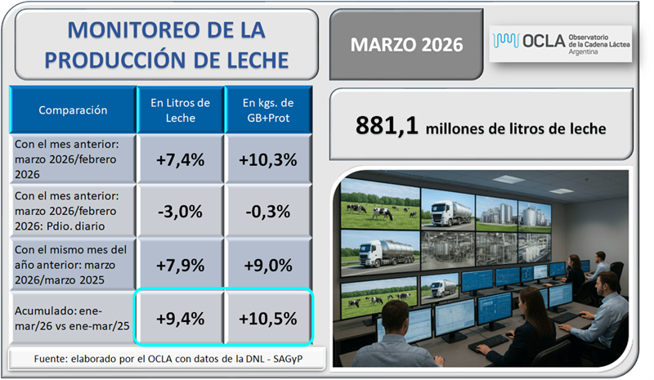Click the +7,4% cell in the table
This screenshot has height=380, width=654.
point(180,159)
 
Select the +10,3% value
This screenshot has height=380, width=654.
point(267,159)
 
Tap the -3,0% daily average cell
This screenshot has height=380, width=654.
point(180,211)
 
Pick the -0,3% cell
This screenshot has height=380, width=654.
point(267,211)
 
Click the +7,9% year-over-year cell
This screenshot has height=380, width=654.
point(180,264)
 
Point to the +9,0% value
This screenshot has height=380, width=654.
point(267,264)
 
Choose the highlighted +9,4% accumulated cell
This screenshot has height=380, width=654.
point(180,318)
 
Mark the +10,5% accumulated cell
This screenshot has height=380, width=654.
point(267,318)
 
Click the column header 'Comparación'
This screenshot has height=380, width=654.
point(73,109)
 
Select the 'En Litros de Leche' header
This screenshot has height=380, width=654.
point(180,109)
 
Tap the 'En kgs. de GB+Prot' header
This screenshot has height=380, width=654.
point(267,109)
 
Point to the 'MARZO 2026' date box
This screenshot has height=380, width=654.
point(406,43)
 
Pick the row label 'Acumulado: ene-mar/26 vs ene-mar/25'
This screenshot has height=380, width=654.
point(69,318)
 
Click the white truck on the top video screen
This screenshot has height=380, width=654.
point(447,214)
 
